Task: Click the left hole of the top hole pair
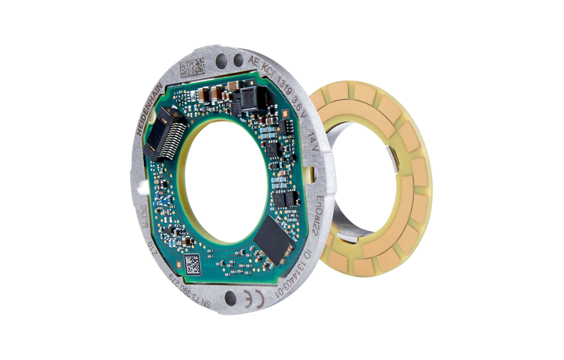click(223, 59)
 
